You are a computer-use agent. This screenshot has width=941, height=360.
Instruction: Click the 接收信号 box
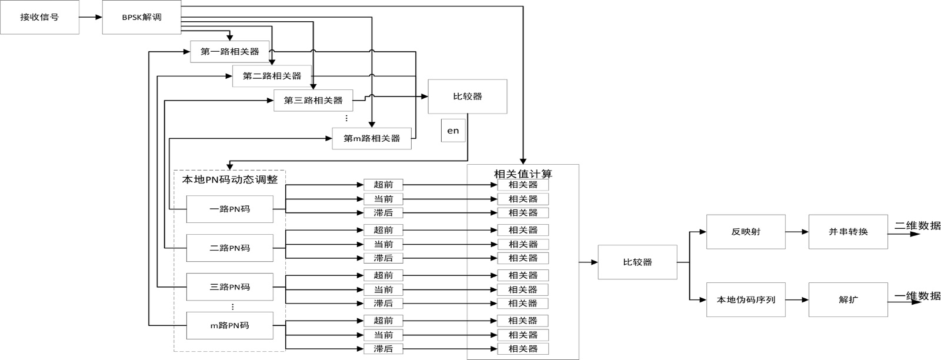click(39, 17)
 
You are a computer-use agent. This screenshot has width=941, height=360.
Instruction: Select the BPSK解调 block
click(142, 17)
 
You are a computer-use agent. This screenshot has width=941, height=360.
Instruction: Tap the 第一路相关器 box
click(230, 52)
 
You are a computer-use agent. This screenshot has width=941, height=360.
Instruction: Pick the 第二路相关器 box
click(272, 76)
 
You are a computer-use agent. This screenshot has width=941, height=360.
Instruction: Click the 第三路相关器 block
click(313, 101)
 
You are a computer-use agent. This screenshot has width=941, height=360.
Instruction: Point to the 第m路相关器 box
click(372, 138)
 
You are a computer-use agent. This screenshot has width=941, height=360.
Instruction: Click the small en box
click(453, 130)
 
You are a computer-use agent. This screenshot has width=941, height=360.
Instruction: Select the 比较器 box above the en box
click(468, 96)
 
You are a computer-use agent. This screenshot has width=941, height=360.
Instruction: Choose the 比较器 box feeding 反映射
click(638, 262)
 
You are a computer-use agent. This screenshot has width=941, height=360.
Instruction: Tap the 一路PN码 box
click(230, 209)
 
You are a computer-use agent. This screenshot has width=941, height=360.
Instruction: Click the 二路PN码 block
click(230, 248)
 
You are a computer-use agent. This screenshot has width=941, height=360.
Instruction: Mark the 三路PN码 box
click(230, 287)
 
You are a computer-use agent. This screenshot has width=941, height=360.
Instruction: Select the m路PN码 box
click(230, 325)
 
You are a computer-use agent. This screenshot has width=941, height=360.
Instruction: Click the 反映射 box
click(746, 232)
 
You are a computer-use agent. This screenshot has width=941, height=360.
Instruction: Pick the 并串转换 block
click(848, 232)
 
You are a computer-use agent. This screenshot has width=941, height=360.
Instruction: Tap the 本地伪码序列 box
click(746, 299)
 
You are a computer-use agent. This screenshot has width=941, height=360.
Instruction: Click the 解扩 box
click(848, 299)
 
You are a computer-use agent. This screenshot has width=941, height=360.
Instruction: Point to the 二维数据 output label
click(917, 225)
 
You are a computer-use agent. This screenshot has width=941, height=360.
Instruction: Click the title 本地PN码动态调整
click(230, 179)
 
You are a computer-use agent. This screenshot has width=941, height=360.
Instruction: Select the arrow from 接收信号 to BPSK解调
click(91, 17)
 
